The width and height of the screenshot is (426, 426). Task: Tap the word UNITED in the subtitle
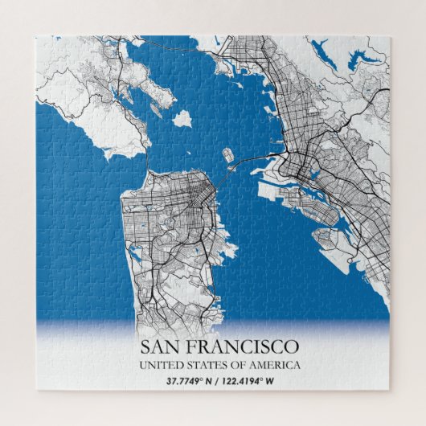(x=160, y=366)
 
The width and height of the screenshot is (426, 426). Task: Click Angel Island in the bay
(x=182, y=118)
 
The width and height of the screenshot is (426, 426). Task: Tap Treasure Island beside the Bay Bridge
(x=227, y=154)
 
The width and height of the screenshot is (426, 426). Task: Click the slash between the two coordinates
(x=218, y=381)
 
